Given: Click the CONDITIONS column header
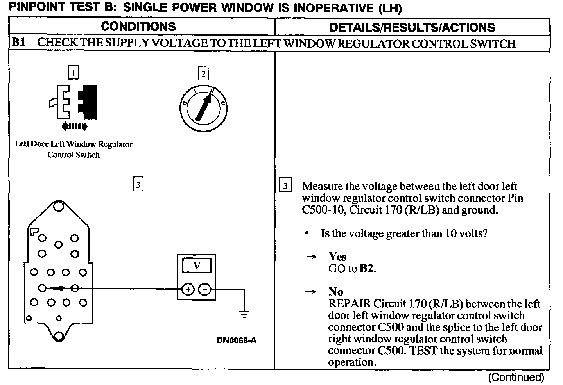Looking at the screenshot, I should click(138, 27).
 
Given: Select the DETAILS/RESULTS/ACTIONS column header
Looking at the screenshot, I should click(412, 27).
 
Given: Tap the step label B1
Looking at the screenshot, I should click(18, 43).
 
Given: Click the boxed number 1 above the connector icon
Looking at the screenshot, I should click(73, 73).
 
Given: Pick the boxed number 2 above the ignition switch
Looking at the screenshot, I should click(203, 73).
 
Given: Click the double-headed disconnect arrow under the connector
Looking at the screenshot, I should click(74, 126).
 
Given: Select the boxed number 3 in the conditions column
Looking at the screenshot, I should click(138, 184).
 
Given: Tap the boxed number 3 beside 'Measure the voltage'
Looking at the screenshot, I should click(285, 185).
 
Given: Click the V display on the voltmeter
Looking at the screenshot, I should click(197, 266).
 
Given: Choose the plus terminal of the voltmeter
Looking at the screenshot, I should click(188, 289).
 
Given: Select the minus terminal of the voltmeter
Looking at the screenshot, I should click(204, 289).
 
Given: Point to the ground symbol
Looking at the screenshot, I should click(244, 314).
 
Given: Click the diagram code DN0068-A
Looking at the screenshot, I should click(237, 340).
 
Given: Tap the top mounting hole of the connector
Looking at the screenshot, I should click(59, 206).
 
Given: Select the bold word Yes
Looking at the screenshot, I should click(337, 257).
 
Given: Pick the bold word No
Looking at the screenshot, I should click(335, 292).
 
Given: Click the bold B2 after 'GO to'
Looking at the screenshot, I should click(367, 269).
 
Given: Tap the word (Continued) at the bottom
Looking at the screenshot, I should click(516, 377).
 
